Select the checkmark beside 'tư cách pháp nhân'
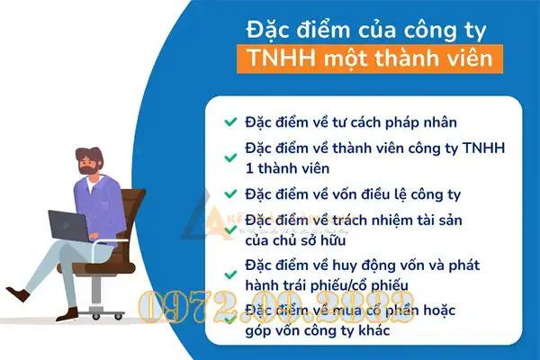(x=230, y=121)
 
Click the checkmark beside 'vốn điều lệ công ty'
(x=230, y=193)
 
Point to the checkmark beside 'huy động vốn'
(x=230, y=266)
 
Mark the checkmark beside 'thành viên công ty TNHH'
(x=230, y=148)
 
